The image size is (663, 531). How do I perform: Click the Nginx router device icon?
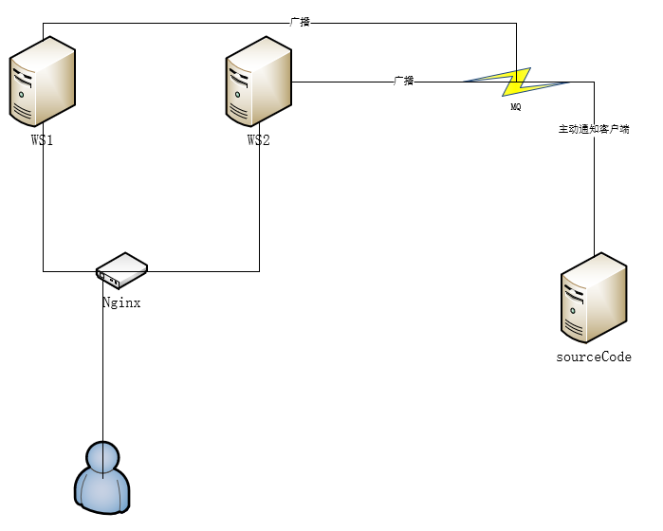121,270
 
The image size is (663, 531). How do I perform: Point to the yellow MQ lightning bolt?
517,82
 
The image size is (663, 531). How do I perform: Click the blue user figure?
102,476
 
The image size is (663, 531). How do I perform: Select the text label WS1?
43,140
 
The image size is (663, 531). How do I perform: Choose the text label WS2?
259,140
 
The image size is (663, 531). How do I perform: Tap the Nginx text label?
121,303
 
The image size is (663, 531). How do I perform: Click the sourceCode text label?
594,357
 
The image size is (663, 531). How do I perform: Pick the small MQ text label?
516,107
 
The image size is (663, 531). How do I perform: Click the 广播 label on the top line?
300,21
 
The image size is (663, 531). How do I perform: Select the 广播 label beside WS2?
404,81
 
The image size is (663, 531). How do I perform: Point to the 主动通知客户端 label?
594,129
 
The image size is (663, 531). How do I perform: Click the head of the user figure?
102,454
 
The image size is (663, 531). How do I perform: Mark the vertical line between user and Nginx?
102,379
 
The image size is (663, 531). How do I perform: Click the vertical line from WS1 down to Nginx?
43,209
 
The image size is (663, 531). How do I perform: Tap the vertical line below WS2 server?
259,209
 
